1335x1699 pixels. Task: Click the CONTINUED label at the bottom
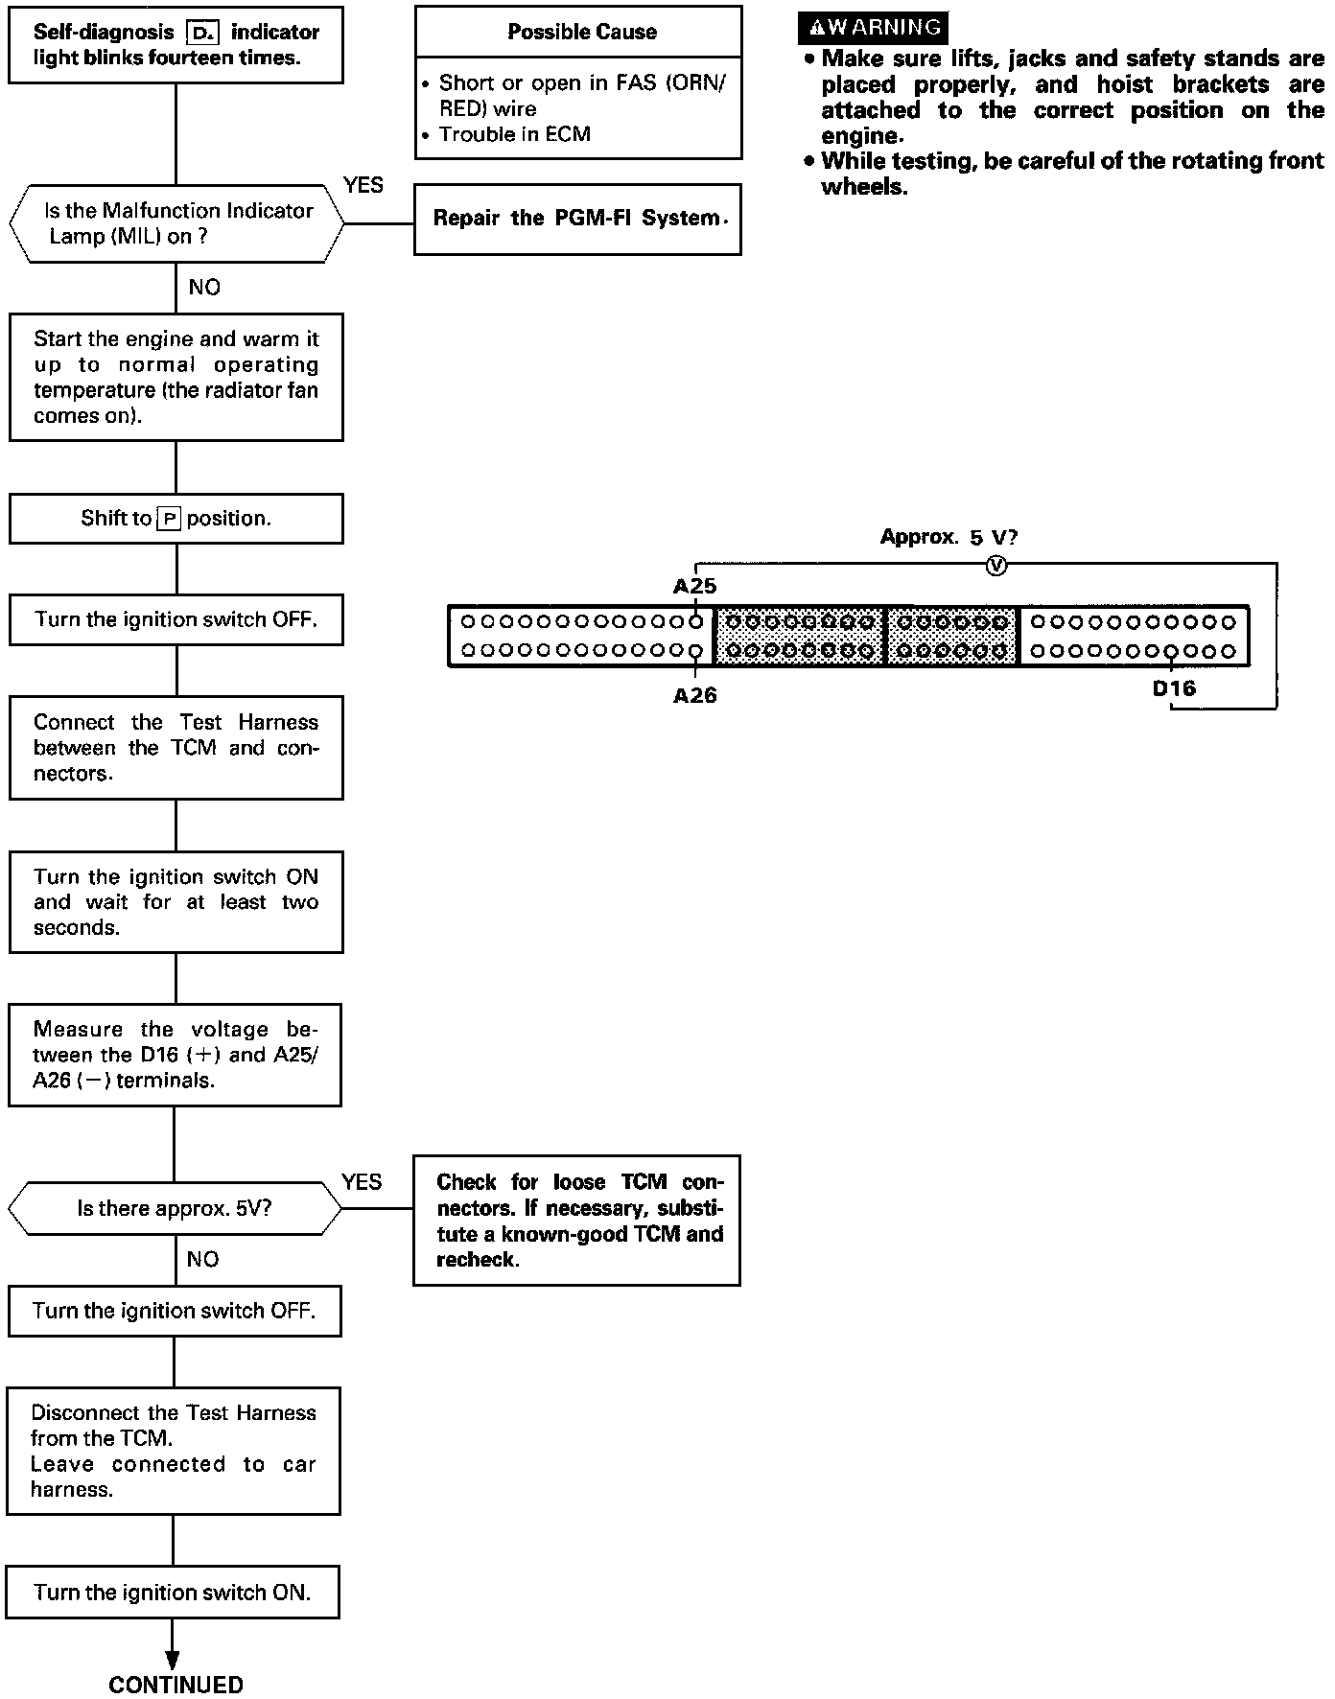(176, 1684)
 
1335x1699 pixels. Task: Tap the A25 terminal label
(694, 586)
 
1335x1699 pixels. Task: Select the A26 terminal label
(694, 696)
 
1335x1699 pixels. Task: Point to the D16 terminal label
(1174, 687)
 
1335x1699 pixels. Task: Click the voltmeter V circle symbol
(996, 566)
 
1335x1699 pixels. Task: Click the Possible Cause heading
(581, 32)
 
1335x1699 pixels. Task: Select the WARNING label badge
(872, 28)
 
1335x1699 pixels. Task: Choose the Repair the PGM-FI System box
(577, 219)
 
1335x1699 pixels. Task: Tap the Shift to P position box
(176, 519)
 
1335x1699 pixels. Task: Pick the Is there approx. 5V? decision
(175, 1209)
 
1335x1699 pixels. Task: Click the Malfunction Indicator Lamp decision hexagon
(176, 223)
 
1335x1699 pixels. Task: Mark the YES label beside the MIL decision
(363, 185)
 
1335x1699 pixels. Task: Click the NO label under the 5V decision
(202, 1259)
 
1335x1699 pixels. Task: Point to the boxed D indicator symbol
(203, 33)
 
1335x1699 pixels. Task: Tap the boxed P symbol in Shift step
(169, 519)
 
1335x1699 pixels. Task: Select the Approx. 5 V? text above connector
(949, 537)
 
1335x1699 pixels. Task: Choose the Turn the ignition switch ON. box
(173, 1593)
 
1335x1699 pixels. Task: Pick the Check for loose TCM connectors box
(576, 1221)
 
